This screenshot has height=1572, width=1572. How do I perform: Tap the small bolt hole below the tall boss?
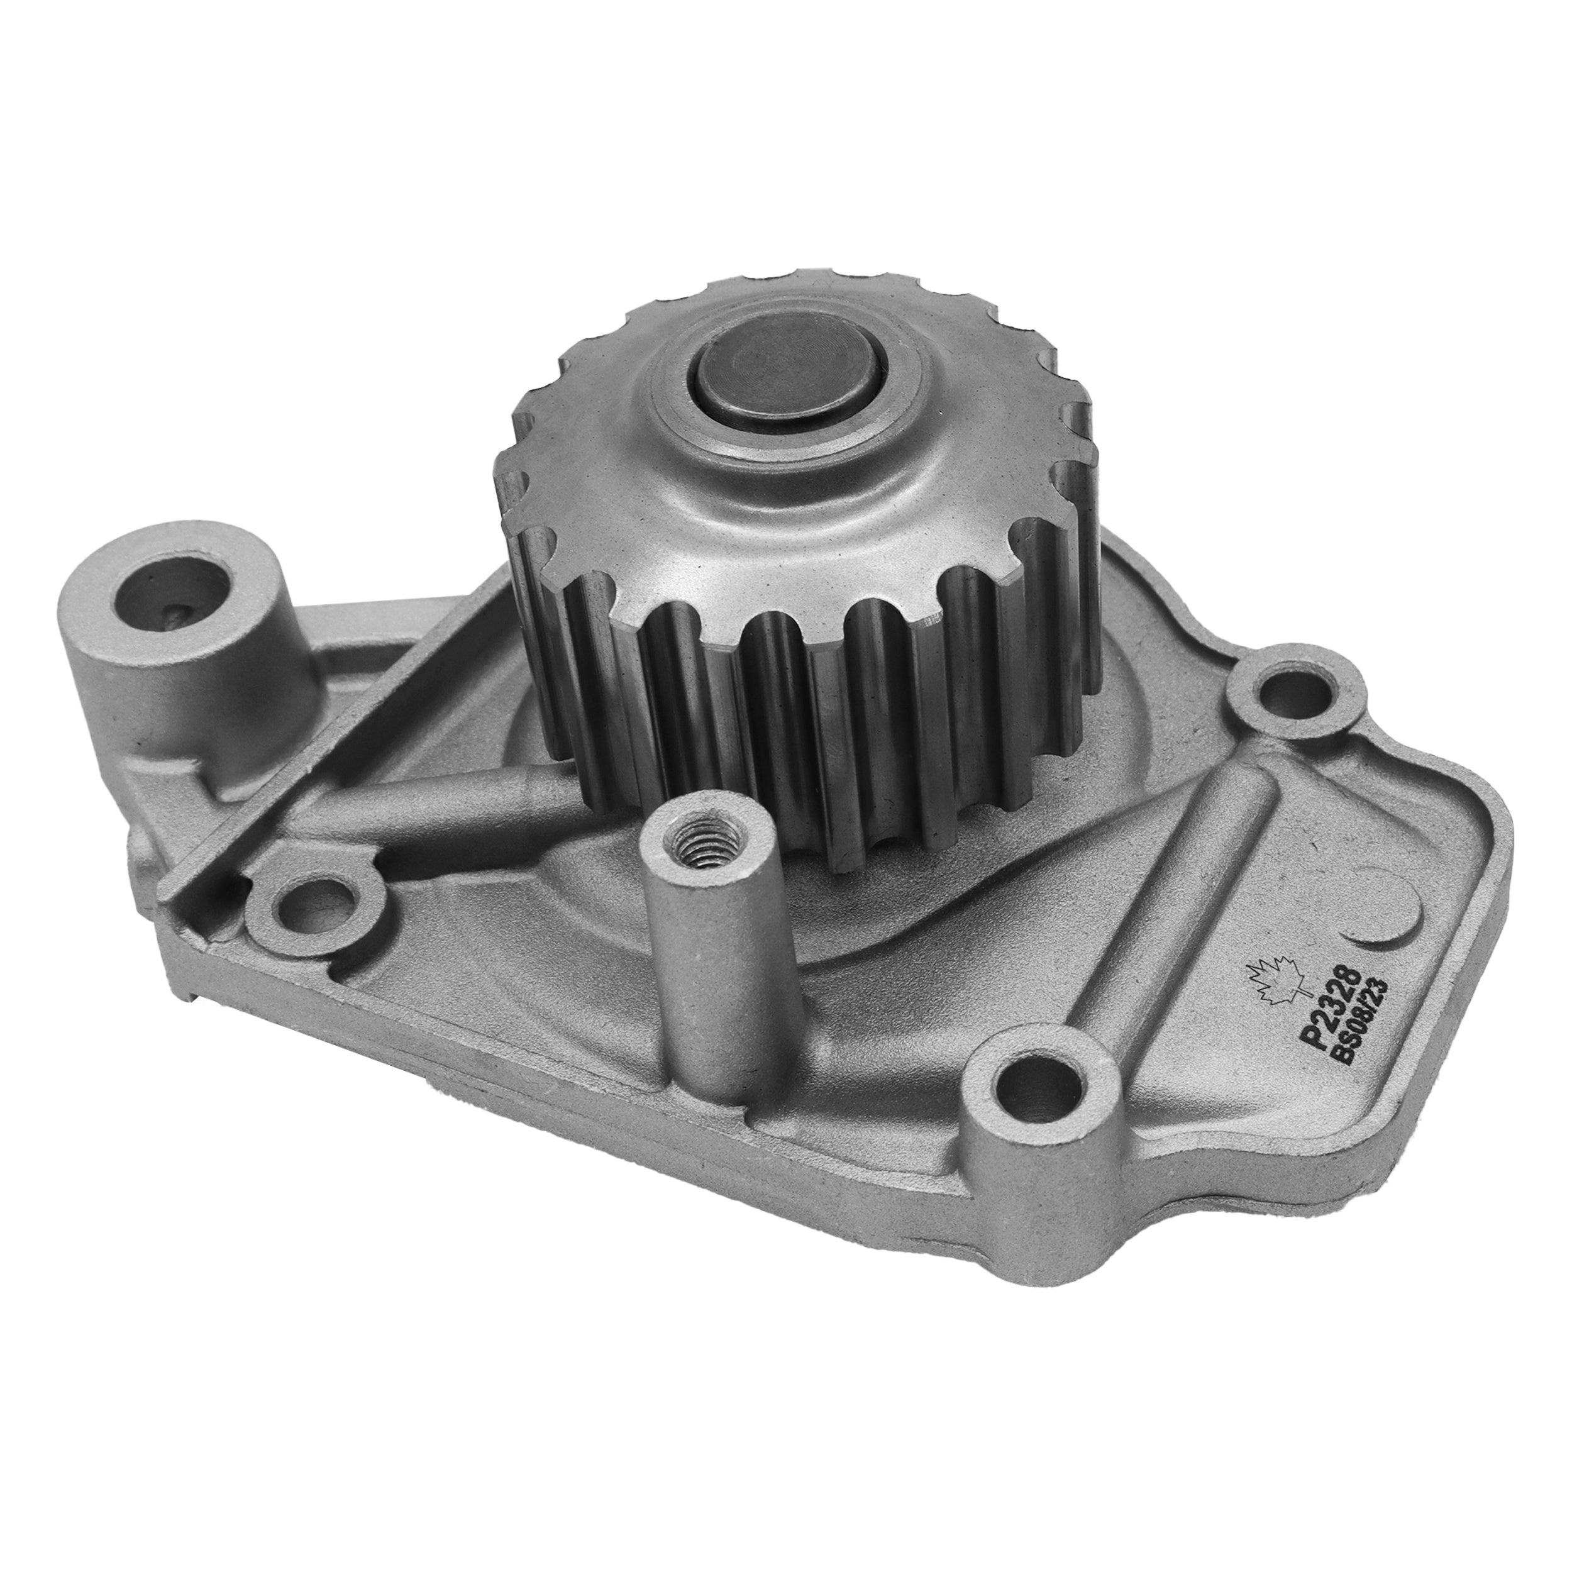(313, 899)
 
